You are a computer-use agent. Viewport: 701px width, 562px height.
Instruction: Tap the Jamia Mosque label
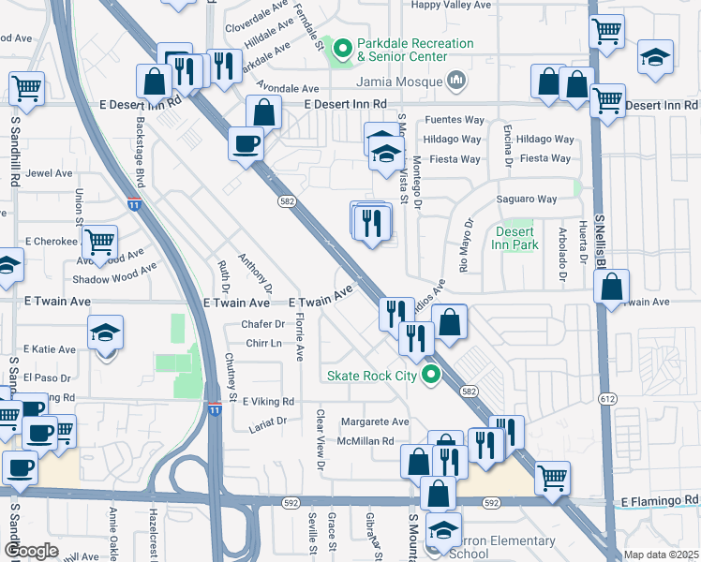[404, 81]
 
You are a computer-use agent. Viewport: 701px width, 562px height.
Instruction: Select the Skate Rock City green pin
[431, 377]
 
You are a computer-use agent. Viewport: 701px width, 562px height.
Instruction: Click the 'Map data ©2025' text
[662, 555]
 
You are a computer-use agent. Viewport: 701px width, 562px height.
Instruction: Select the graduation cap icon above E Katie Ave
[106, 333]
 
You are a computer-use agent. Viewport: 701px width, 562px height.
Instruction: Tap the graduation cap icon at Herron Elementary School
[443, 530]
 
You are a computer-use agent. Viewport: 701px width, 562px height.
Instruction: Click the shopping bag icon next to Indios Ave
[450, 322]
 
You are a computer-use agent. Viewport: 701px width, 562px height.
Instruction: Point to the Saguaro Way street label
[527, 199]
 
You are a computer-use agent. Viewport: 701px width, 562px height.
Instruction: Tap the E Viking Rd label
[268, 402]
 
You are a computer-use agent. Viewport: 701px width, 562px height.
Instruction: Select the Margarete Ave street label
[375, 422]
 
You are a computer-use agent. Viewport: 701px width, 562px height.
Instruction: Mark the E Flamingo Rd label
[661, 500]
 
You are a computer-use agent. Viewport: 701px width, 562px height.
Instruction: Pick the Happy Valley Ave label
[452, 5]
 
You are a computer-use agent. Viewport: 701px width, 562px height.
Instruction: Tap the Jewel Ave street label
[49, 173]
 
